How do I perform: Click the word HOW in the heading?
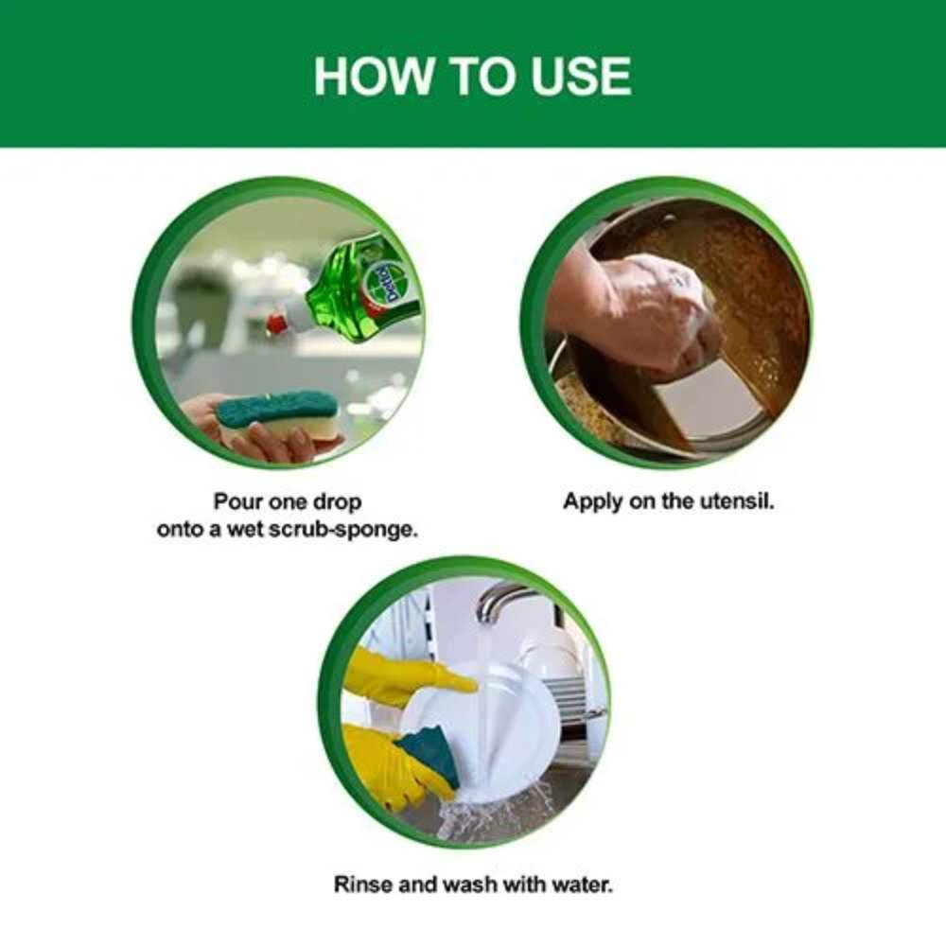(x=373, y=76)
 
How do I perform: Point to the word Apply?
(x=593, y=503)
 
